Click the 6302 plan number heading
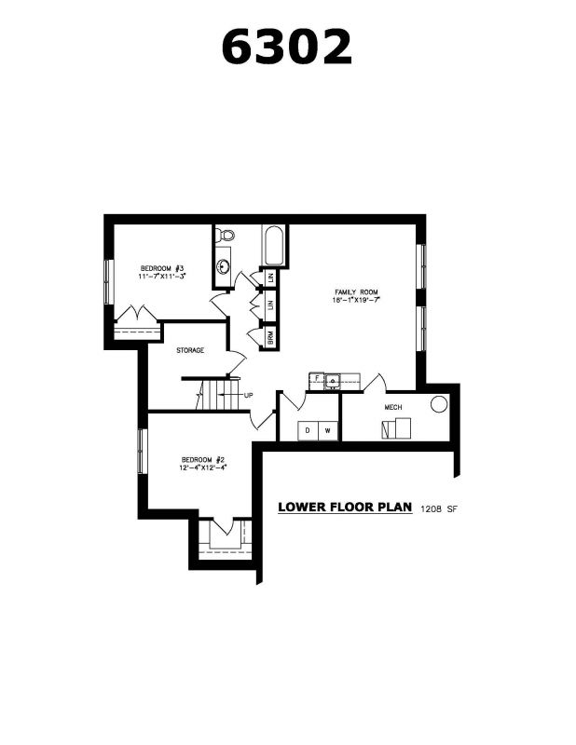287,47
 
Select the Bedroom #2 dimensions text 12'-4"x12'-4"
202,467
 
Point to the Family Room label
356,292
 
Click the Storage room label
190,351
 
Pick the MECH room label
393,407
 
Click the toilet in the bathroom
225,235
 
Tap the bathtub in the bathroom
274,246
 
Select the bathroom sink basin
223,266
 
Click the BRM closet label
270,337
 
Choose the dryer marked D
308,430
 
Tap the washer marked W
328,430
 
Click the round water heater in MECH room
439,404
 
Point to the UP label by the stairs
248,395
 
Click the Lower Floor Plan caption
345,507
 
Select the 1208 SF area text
439,509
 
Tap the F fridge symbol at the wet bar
316,378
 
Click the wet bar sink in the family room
333,381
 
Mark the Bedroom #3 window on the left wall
108,282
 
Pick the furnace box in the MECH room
396,428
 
